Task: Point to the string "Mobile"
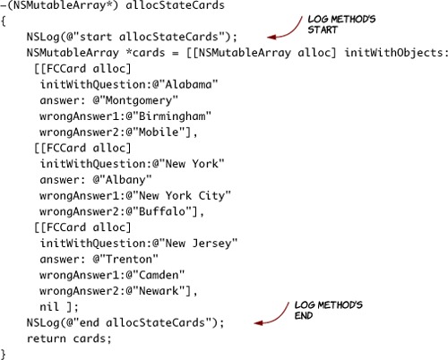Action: click(159, 132)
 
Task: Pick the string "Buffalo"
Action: click(162, 211)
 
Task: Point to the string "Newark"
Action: click(159, 290)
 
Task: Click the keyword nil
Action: click(49, 306)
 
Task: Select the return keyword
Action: click(47, 339)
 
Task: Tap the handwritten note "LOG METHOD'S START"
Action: click(341, 24)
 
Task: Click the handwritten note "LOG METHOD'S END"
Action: click(329, 310)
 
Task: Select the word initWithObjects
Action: click(394, 53)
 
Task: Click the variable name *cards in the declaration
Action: click(145, 53)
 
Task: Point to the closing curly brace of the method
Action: click(4, 355)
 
